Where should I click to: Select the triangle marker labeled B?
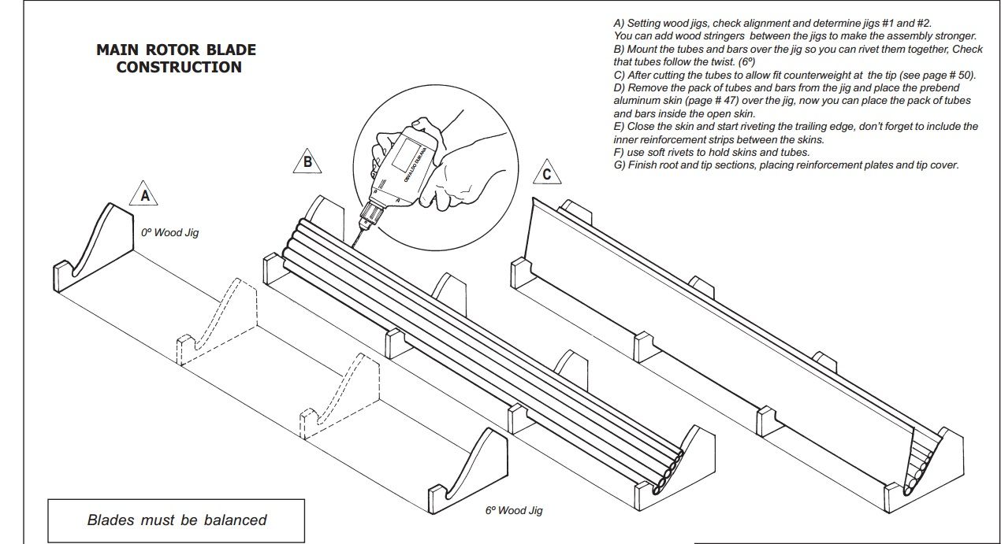307,163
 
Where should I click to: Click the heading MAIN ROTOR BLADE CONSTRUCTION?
177,58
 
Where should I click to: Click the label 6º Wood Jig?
514,510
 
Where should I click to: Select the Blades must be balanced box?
177,520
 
